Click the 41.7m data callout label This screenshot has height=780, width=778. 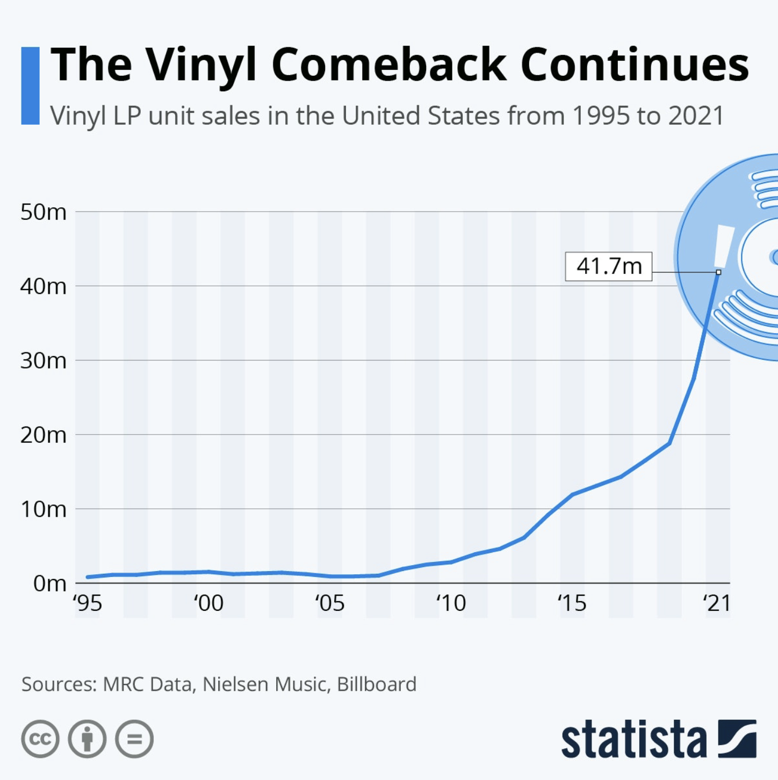[608, 266]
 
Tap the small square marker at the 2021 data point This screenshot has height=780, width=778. [718, 272]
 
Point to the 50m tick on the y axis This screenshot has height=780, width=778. [44, 212]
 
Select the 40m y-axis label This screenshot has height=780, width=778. [44, 286]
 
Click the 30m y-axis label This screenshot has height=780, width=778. [44, 360]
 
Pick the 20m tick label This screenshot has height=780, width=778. [44, 435]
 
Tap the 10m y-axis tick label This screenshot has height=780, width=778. [44, 509]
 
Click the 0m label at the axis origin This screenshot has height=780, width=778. [49, 583]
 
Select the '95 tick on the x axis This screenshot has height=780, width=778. [88, 603]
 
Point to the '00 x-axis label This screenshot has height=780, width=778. [208, 603]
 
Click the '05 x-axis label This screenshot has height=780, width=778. [329, 603]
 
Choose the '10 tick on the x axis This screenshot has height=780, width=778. [451, 603]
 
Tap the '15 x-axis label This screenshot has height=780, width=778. [572, 603]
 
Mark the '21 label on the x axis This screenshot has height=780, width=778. [717, 603]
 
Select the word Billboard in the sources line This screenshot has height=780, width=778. [376, 684]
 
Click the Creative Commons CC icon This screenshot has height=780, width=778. [40, 739]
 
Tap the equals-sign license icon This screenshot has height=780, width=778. [134, 739]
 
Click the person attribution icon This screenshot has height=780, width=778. [87, 739]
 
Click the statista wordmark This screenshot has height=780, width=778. [634, 740]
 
